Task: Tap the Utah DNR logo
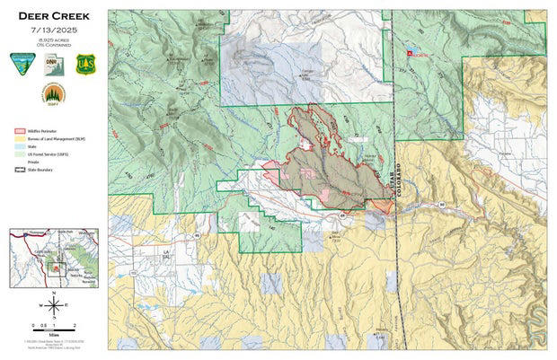coord(52,62)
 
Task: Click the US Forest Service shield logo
coord(84,63)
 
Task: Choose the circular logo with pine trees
coord(52,93)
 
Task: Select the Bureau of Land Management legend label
coord(56,139)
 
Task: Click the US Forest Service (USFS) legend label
coord(54,157)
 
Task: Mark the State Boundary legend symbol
coord(17,168)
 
